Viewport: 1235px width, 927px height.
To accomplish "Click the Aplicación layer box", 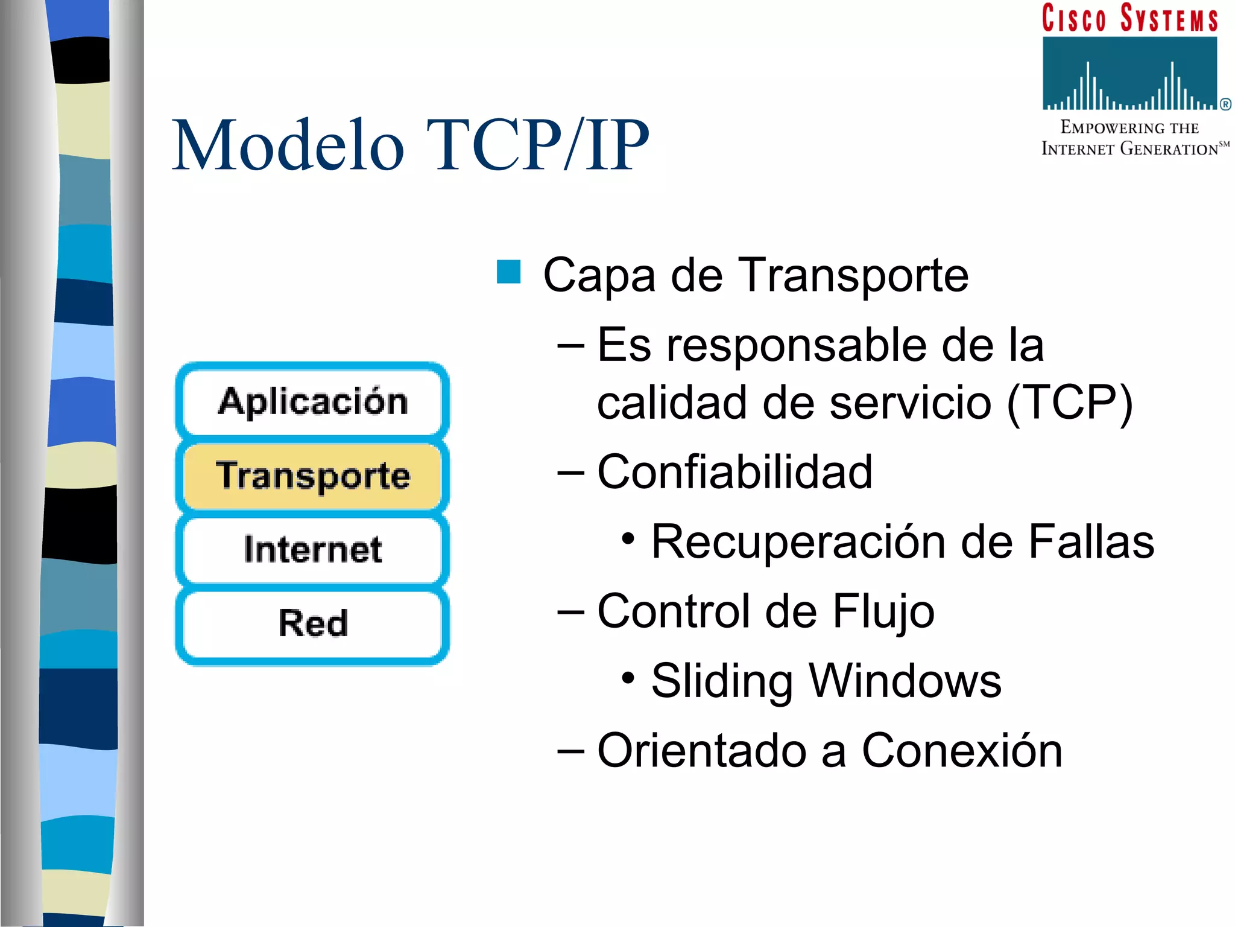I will [312, 401].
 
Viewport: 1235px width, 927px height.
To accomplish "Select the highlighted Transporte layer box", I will [312, 476].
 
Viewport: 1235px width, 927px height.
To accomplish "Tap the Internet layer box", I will [312, 549].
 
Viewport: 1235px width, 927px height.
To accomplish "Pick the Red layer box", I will [312, 623].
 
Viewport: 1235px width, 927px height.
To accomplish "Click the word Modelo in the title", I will [288, 146].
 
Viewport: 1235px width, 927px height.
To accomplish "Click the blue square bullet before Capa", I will [508, 272].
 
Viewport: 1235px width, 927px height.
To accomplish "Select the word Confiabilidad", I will [734, 472].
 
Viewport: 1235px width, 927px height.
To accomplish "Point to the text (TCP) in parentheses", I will [1070, 403].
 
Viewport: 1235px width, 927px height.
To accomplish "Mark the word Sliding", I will [722, 681].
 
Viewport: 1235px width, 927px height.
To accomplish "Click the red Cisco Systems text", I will [1129, 18].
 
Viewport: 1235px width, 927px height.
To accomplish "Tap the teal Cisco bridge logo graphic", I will [1129, 74].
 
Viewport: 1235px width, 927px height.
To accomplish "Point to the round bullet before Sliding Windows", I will [628, 678].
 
